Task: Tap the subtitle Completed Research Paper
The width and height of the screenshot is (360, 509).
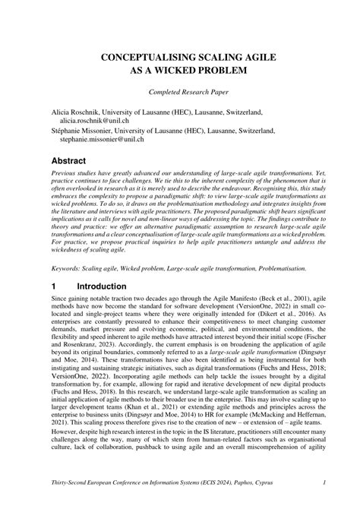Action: click(180, 92)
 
